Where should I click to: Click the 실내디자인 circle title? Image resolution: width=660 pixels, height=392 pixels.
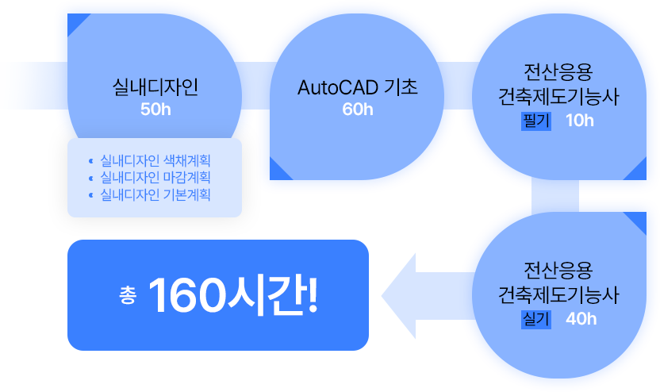[155, 86]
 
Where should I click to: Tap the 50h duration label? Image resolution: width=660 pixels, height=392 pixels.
[155, 110]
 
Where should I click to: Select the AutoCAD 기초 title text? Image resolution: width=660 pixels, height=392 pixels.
[357, 86]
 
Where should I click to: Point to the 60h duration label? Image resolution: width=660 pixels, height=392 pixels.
[358, 110]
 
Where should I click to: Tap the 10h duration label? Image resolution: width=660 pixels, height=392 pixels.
[580, 121]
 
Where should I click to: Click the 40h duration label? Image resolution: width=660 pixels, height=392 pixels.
[581, 319]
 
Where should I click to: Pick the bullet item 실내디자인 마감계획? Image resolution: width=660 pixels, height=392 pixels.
[155, 177]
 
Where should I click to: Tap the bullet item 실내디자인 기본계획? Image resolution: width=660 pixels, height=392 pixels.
[155, 193]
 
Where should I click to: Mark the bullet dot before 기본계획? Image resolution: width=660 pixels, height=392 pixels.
[92, 194]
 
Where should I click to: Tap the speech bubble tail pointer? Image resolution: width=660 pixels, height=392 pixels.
[408, 329]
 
